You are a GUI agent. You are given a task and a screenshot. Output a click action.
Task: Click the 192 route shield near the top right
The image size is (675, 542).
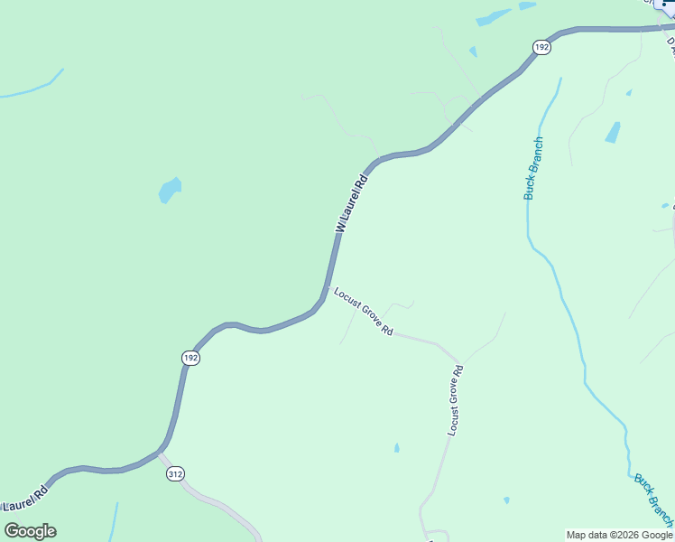(x=541, y=47)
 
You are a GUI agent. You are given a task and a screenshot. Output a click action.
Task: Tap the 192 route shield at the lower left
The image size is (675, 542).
(x=190, y=358)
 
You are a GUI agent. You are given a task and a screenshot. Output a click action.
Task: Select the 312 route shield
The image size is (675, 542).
(x=175, y=474)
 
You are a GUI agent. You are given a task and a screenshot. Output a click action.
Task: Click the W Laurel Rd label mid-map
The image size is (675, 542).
(x=353, y=203)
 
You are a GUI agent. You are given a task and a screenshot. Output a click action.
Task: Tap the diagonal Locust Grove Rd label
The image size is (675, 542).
(x=363, y=312)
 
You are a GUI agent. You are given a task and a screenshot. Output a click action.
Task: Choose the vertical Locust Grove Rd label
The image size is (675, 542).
(x=456, y=400)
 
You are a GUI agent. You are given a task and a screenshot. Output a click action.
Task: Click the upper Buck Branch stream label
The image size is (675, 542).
(x=534, y=168)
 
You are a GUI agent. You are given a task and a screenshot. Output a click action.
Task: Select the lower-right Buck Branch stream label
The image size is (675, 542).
(x=652, y=499)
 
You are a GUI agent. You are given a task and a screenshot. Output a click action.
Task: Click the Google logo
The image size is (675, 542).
(x=30, y=531)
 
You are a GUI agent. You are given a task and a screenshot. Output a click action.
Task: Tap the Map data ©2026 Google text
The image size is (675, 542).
(x=619, y=535)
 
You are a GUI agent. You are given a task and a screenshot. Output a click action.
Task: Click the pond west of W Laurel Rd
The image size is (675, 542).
(x=169, y=190)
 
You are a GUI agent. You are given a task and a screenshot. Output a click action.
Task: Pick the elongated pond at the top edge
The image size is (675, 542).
(x=493, y=17)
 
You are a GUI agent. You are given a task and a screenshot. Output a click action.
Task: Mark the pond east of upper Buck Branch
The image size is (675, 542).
(x=614, y=132)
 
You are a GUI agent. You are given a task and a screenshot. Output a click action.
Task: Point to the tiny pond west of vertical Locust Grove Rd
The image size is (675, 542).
(x=396, y=447)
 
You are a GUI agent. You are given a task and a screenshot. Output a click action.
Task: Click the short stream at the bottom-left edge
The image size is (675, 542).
(x=115, y=521)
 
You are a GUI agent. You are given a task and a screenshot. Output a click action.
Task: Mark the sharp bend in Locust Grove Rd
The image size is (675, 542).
(x=458, y=356)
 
